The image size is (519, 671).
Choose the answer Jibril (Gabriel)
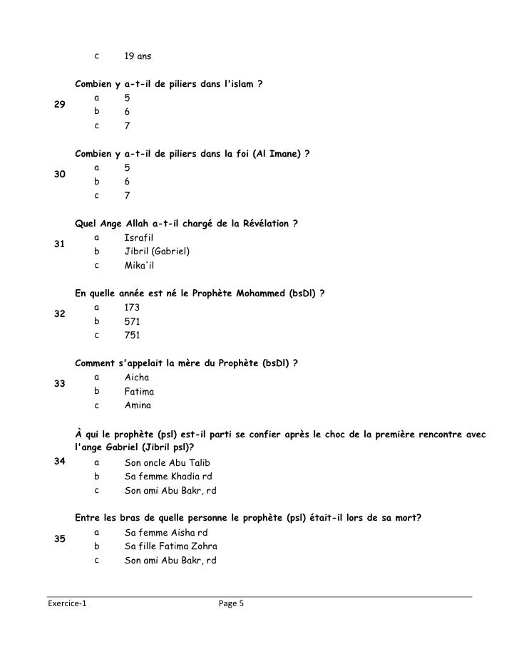(x=157, y=251)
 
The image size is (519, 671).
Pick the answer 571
(x=132, y=321)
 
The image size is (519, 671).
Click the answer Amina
(x=138, y=405)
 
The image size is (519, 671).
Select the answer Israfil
(x=139, y=236)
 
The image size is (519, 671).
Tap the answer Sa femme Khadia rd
(x=168, y=476)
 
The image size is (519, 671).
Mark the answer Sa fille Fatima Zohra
(x=171, y=546)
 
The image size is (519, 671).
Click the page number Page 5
(x=232, y=604)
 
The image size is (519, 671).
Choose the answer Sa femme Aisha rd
(x=166, y=532)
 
